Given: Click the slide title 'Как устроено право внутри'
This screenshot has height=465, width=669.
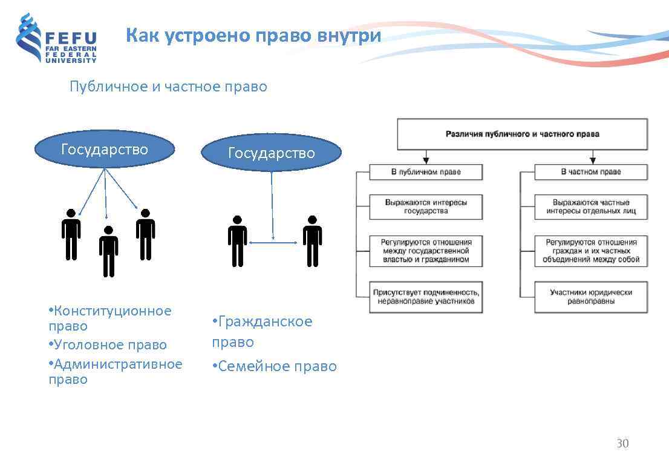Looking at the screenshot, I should tap(253, 36).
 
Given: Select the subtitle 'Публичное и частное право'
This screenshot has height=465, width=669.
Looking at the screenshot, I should tap(168, 87).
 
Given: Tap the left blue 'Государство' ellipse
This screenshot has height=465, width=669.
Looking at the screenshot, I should tap(105, 150).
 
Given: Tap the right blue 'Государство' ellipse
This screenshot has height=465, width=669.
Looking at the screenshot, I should tap(271, 153).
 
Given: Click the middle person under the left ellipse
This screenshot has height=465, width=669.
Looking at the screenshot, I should tap(108, 251).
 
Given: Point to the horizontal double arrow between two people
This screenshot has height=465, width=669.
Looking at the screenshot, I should tap(273, 243).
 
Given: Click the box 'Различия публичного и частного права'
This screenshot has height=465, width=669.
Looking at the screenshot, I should tap(522, 134).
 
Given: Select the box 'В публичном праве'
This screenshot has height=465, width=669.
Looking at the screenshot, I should tap(426, 172).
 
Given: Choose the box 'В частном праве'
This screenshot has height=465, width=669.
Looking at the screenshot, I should tap(590, 172).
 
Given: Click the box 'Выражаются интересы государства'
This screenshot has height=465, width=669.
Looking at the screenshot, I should tap(426, 206).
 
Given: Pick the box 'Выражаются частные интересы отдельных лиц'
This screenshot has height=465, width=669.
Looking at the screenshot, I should tap(590, 206).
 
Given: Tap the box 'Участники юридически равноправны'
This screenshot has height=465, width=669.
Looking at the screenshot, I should tap(590, 297).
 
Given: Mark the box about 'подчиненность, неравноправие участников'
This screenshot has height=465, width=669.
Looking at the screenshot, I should tap(426, 297).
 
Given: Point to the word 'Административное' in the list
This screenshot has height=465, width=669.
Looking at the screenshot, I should tap(118, 364).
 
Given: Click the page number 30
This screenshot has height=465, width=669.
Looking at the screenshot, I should tap(622, 444).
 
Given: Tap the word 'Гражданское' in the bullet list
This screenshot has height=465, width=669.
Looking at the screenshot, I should tap(265, 322).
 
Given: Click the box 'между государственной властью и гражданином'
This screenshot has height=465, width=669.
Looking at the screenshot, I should tap(426, 251).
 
